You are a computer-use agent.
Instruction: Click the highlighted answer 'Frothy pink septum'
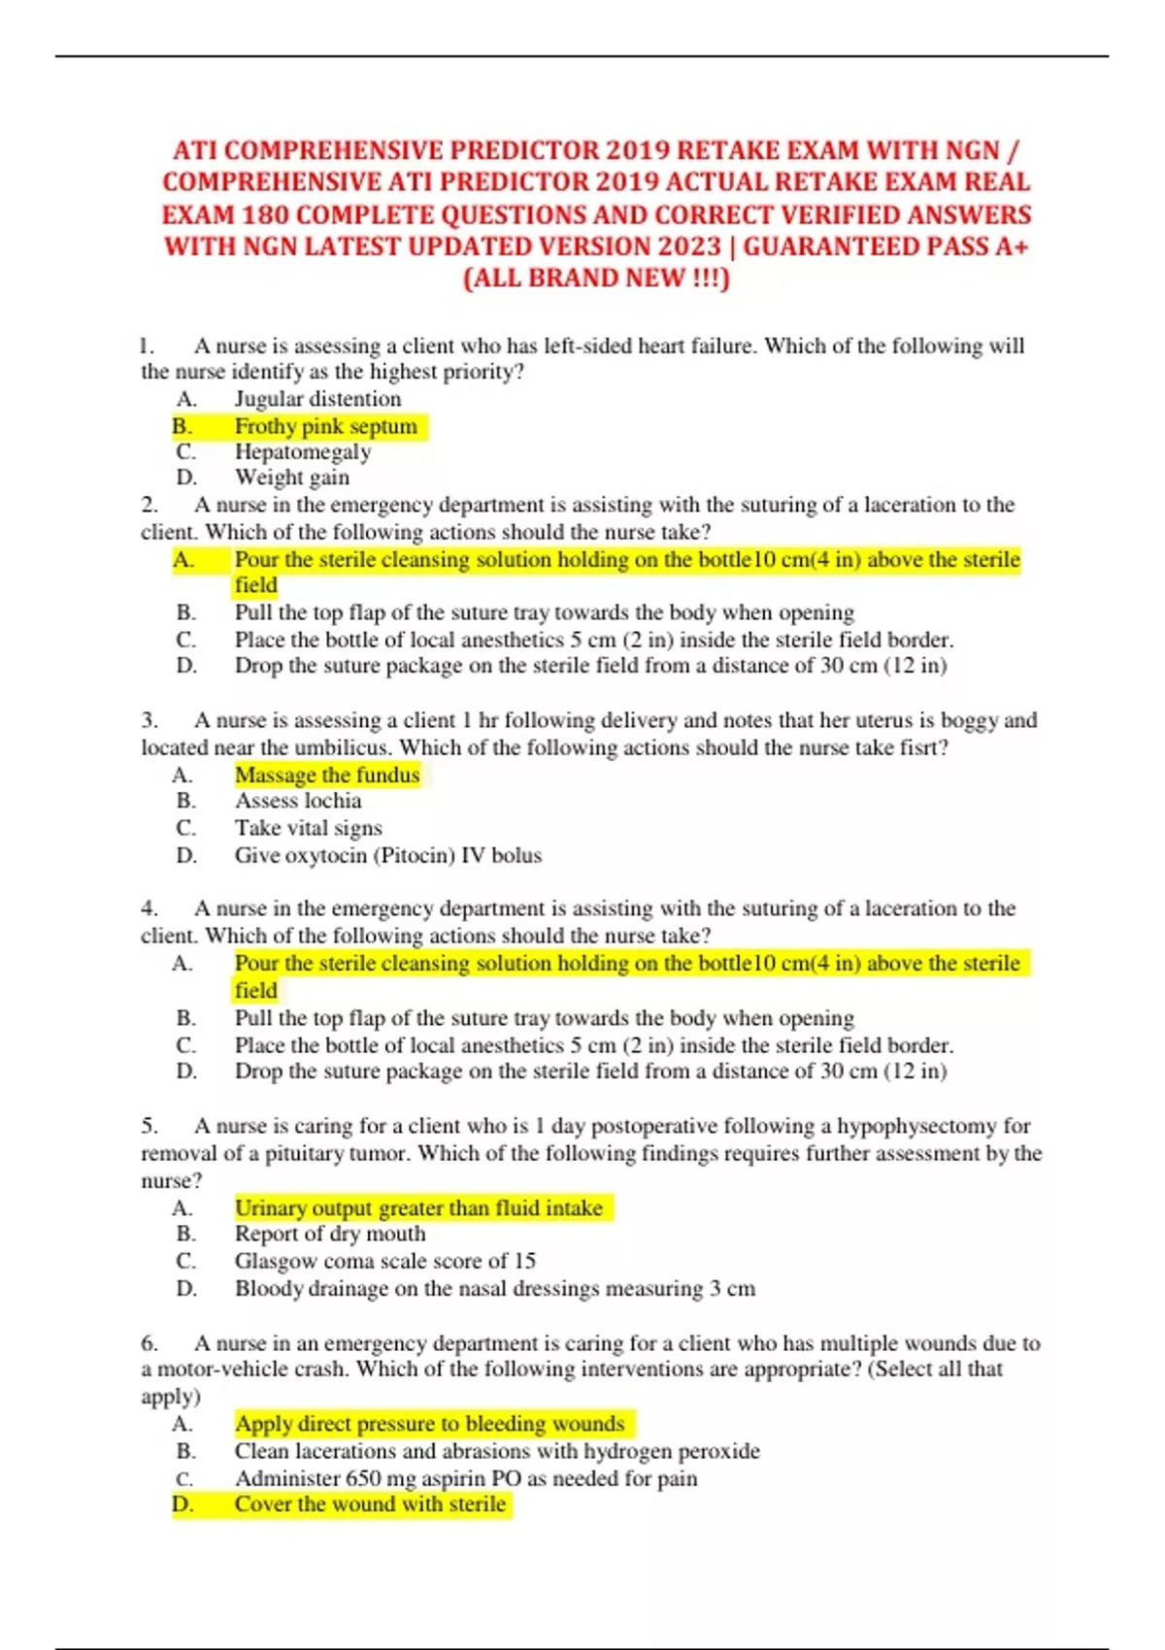coord(325,426)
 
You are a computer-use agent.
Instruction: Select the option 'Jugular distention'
coord(317,399)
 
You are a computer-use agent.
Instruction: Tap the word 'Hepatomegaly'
coord(303,452)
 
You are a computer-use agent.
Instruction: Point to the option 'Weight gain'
coord(291,478)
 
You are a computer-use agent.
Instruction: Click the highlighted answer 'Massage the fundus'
coord(327,775)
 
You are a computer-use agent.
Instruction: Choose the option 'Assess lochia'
coord(297,801)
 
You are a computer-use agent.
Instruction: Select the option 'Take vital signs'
coord(308,828)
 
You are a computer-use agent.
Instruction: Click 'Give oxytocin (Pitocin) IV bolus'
coord(387,855)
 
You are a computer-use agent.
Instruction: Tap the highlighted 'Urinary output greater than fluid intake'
coord(418,1207)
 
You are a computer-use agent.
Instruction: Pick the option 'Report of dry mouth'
coord(330,1234)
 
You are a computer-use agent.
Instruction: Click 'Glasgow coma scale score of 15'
coord(384,1261)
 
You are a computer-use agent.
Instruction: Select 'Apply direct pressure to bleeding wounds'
coord(429,1424)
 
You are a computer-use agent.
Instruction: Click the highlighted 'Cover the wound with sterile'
coord(370,1504)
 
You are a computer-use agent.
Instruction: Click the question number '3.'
coord(150,720)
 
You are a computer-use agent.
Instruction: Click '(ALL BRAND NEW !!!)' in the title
coord(596,279)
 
